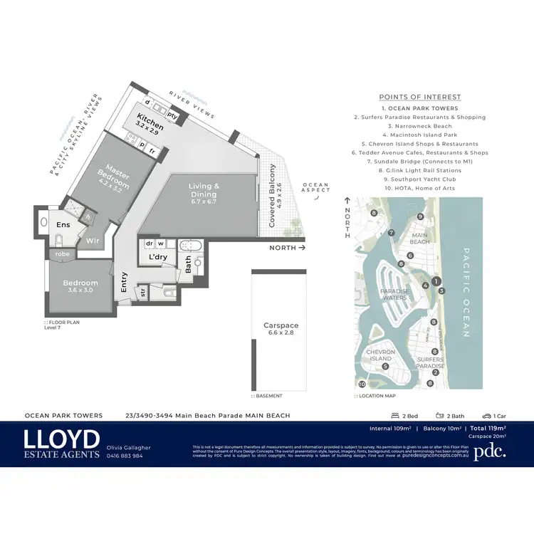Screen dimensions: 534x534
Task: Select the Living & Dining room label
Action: point(204,190)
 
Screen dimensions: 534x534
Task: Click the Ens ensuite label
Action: point(63,225)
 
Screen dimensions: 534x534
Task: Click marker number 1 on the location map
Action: point(436,281)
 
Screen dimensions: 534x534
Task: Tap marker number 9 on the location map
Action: point(421,216)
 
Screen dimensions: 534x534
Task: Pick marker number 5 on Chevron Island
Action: point(385,367)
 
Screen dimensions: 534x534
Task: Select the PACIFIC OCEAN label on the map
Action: point(466,292)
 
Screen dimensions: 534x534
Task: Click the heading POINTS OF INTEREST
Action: point(419,97)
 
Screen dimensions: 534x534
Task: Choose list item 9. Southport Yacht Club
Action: point(419,179)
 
